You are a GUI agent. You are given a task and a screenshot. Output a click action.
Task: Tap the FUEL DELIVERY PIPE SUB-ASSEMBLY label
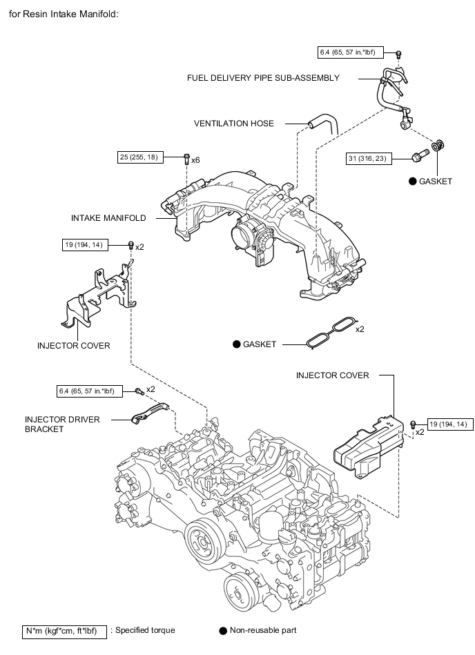[263, 78]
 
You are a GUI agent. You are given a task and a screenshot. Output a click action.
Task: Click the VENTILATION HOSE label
[233, 124]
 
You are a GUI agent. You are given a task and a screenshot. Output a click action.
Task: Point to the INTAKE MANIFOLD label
[108, 218]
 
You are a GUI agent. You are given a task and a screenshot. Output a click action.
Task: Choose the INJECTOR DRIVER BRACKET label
[62, 424]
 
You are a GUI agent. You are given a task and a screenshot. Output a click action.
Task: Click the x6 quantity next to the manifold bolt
[195, 160]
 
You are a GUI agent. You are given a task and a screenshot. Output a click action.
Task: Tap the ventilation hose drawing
[323, 123]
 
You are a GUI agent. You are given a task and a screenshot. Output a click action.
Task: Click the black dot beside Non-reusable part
[223, 631]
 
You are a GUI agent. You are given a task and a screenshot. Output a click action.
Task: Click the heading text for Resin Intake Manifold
[64, 14]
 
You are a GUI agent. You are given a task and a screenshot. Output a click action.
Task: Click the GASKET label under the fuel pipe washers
[436, 182]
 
